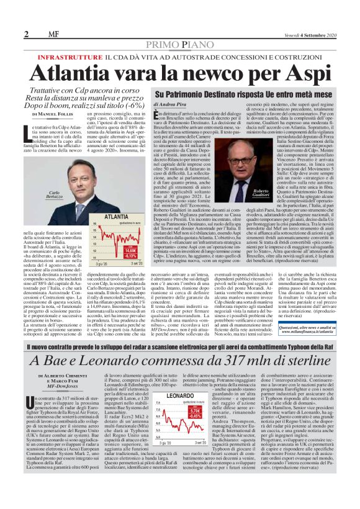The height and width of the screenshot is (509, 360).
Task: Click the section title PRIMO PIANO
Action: coord(180,45)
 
